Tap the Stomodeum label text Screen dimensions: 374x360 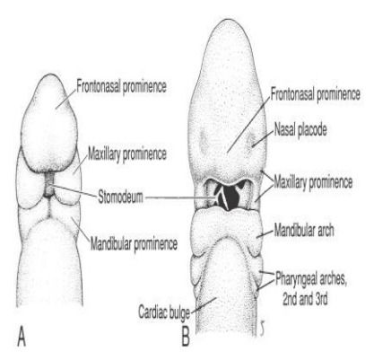(x=120, y=198)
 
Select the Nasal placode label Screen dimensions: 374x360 (x=300, y=130)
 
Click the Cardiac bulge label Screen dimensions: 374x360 (x=164, y=312)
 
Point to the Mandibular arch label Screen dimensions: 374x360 (x=304, y=231)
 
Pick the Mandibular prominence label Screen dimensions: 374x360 (x=134, y=244)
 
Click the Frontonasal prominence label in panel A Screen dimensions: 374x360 (x=121, y=87)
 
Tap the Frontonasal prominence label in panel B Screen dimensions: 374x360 (x=316, y=94)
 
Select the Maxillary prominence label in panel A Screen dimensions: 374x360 (x=127, y=154)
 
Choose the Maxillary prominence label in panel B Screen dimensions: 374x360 (x=313, y=182)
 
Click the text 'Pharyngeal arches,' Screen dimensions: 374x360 (x=311, y=279)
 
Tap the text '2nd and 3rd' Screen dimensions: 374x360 (x=305, y=299)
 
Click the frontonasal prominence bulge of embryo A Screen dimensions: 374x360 (x=50, y=124)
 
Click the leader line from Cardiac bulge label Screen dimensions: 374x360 (x=204, y=304)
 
